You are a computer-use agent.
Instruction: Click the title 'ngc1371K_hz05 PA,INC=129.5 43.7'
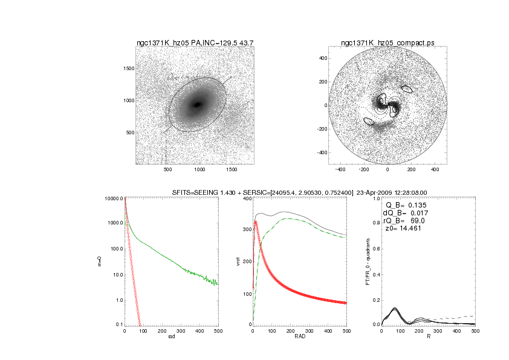pos(195,43)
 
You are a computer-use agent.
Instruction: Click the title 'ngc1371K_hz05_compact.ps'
pos(387,43)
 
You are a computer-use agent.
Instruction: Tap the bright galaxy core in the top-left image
pos(197,105)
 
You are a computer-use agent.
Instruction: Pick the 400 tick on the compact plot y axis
pos(323,58)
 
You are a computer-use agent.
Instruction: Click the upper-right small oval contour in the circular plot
pos(407,89)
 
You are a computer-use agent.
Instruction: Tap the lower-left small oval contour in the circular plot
pos(369,121)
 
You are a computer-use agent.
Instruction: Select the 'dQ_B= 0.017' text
pos(403,212)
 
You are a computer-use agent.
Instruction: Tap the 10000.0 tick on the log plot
pos(114,198)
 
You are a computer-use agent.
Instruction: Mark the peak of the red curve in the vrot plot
pos(256,221)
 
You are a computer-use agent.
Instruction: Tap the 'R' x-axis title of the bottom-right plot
pos(429,337)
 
